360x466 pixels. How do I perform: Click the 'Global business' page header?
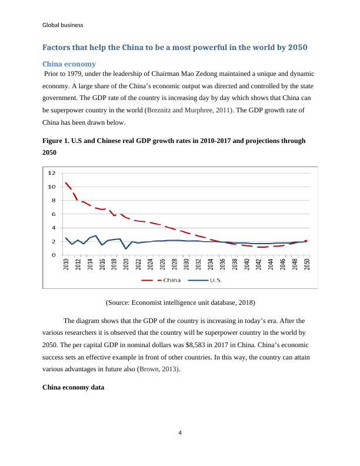[63, 25]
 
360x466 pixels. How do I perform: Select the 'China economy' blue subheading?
[69, 64]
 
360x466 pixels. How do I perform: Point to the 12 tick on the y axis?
[51, 173]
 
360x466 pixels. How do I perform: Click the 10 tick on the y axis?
[51, 187]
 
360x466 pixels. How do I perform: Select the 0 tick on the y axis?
[53, 255]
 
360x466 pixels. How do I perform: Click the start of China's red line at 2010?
[66, 182]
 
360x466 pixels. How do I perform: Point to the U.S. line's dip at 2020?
[126, 248]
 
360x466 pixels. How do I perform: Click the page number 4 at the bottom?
[180, 433]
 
